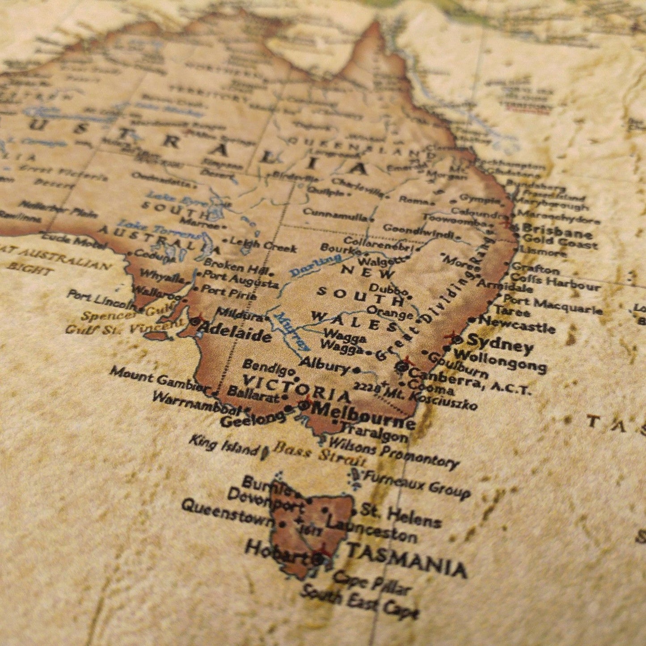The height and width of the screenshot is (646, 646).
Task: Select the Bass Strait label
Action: (x=320, y=454)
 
